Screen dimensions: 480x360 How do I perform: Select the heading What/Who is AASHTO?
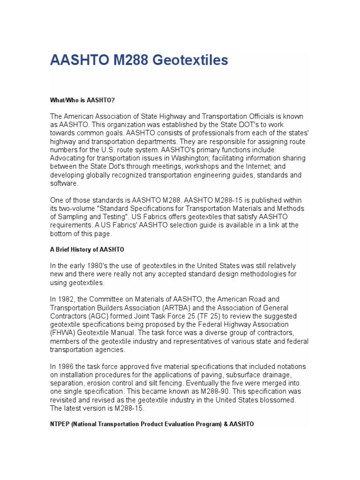pyautogui.click(x=82, y=100)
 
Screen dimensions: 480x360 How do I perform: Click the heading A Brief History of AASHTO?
pyautogui.click(x=87, y=249)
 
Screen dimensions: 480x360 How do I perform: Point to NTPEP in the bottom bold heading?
pyautogui.click(x=62, y=424)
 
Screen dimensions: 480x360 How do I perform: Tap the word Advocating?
pyautogui.click(x=68, y=158)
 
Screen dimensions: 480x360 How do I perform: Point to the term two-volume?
pyautogui.click(x=77, y=208)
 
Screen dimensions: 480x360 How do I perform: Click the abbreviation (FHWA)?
pyautogui.click(x=64, y=333)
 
